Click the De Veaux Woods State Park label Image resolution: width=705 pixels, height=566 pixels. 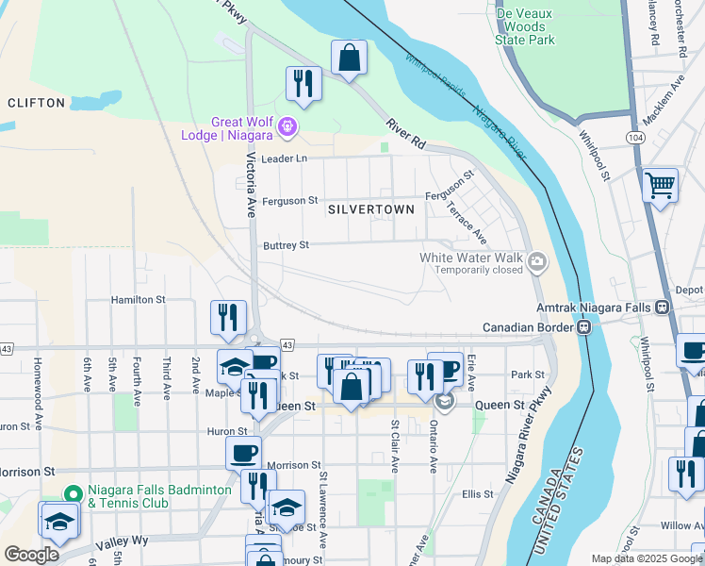click(x=525, y=25)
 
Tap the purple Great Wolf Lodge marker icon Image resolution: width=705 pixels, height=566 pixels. click(x=288, y=125)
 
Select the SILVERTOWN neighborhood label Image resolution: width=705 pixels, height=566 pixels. click(x=371, y=209)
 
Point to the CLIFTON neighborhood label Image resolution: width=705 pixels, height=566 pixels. click(x=36, y=102)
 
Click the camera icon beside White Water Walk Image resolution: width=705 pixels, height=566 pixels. click(x=537, y=261)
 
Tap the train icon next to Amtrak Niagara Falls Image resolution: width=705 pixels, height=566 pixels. click(x=663, y=308)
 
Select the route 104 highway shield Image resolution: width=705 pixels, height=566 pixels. click(x=635, y=137)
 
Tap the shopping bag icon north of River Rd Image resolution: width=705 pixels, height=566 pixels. click(x=349, y=58)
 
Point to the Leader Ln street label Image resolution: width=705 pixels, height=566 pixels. click(x=285, y=158)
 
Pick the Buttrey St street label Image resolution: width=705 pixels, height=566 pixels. click(x=286, y=245)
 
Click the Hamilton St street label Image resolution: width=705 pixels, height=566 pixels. click(x=139, y=299)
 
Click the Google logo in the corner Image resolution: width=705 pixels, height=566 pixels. click(x=31, y=555)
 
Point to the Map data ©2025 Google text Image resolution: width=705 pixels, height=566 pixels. click(x=646, y=558)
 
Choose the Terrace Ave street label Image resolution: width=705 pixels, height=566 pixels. click(x=467, y=222)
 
